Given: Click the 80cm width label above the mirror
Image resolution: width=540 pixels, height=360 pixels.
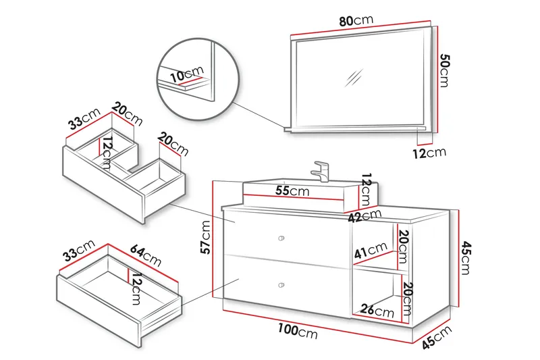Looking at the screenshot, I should [356, 21].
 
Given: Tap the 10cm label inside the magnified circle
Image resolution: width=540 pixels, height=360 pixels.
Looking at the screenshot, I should [187, 75].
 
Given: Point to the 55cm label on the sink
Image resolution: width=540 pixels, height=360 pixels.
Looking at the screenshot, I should [292, 191].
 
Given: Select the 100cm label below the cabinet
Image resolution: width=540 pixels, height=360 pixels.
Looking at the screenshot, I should [298, 331].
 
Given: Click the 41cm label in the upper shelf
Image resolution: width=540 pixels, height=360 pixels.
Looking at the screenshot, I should [369, 253].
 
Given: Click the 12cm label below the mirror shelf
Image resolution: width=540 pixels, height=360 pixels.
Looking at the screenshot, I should [429, 153].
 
